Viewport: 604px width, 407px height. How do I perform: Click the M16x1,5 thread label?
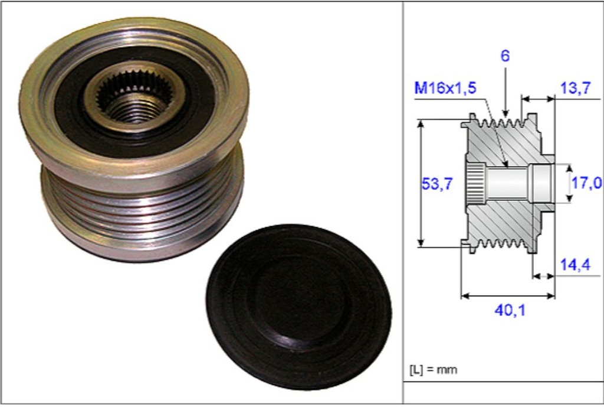[x=445, y=89]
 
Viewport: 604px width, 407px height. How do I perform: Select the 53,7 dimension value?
[x=437, y=184]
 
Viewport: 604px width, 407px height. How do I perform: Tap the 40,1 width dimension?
[x=510, y=310]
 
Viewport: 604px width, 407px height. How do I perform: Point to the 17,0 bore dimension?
[x=586, y=183]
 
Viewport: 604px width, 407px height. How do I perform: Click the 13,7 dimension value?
[x=575, y=89]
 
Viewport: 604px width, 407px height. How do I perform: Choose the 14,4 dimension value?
[x=575, y=265]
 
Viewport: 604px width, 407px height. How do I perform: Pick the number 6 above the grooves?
[x=505, y=57]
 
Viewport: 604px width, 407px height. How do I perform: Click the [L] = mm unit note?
[x=433, y=370]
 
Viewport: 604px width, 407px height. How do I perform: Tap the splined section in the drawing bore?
[x=475, y=183]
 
